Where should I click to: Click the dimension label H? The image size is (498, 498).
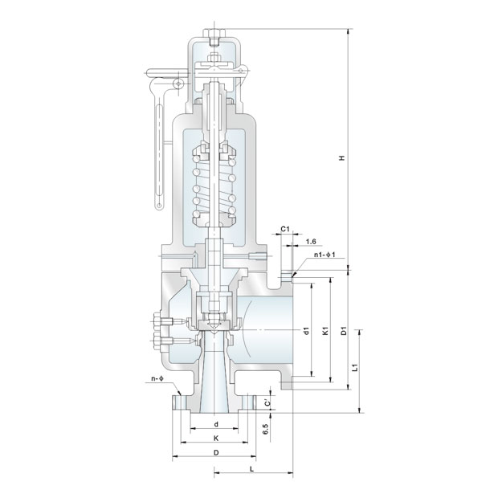(342, 158)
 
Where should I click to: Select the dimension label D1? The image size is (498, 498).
(344, 331)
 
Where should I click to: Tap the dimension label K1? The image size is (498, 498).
(325, 331)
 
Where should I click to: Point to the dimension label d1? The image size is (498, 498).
(307, 331)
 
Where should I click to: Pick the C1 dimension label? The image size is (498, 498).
(285, 229)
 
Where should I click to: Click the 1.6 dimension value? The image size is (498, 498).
(311, 242)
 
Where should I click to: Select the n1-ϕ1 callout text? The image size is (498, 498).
(325, 255)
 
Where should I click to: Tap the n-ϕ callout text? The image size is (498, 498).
(157, 378)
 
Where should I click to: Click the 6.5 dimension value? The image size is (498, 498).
(266, 429)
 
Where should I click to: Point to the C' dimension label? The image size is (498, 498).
(267, 403)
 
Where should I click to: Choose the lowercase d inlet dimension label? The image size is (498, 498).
(216, 424)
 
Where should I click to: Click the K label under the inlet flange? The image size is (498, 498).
(216, 439)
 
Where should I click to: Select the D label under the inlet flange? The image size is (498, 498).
(216, 452)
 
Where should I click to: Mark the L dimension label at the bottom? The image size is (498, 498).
(252, 469)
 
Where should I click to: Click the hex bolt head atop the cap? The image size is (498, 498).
(214, 32)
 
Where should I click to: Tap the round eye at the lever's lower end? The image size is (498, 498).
(159, 206)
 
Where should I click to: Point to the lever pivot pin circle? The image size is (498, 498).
(179, 84)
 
